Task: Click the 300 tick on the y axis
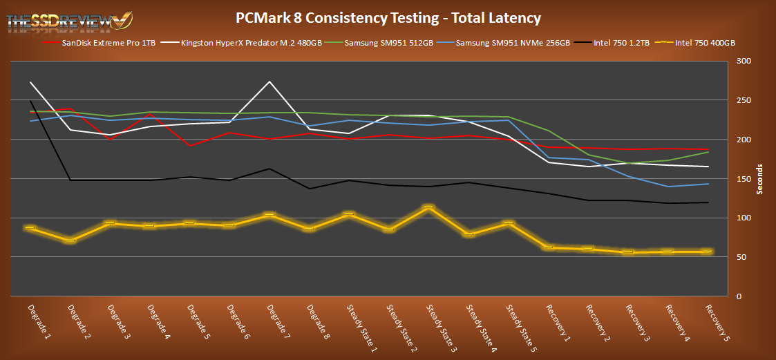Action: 744,61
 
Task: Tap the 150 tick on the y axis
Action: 744,179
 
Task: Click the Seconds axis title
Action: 760,179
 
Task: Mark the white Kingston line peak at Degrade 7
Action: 269,82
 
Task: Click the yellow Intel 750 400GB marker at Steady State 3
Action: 428,207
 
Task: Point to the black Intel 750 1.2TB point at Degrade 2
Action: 70,180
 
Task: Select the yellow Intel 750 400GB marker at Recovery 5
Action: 707,252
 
